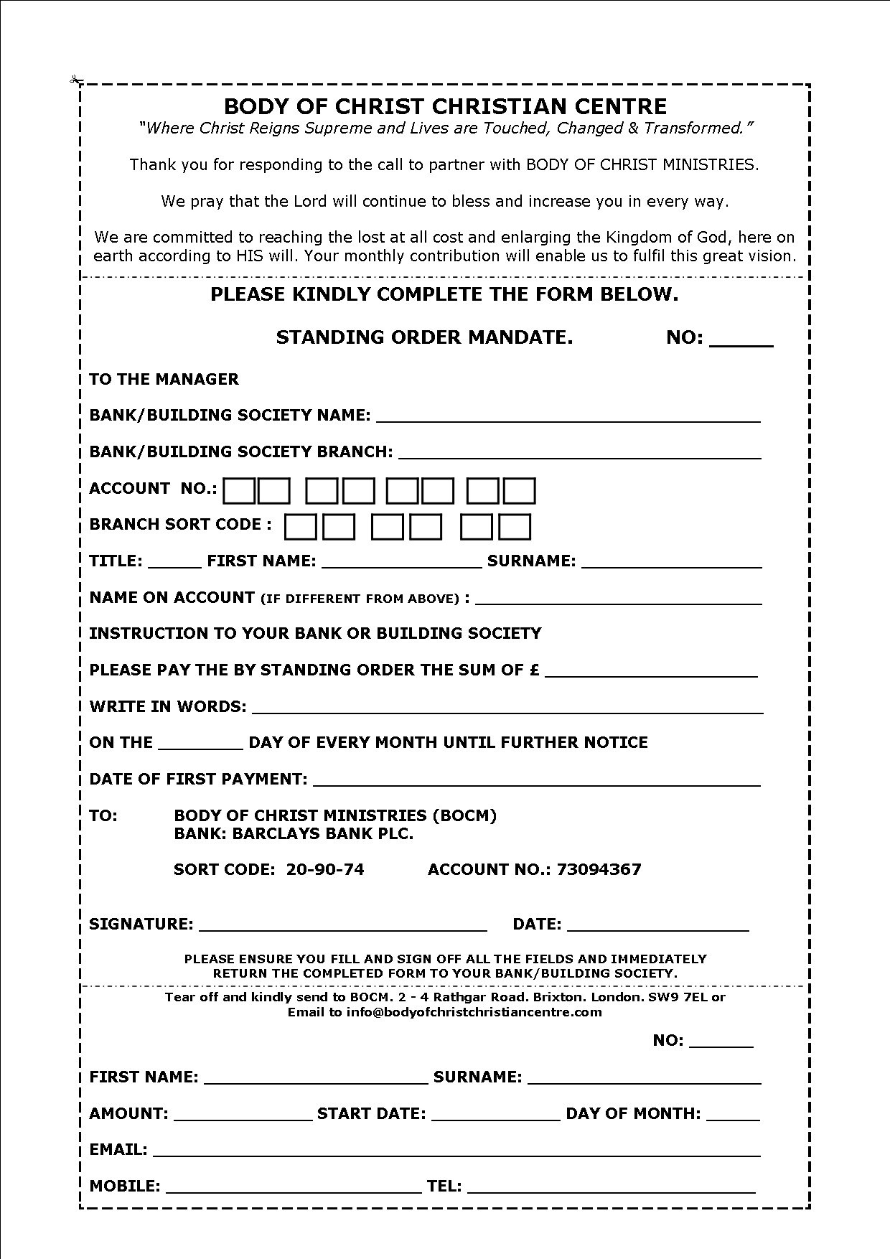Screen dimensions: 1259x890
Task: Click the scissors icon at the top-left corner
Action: [x=75, y=79]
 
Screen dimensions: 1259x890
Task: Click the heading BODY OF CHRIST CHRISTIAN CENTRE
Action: [x=445, y=106]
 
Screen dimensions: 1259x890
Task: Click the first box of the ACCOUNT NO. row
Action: [x=238, y=491]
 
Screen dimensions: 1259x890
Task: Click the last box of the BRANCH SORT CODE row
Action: [x=515, y=527]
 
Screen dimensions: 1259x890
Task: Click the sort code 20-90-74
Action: [x=325, y=869]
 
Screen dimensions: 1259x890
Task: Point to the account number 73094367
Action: [x=599, y=869]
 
